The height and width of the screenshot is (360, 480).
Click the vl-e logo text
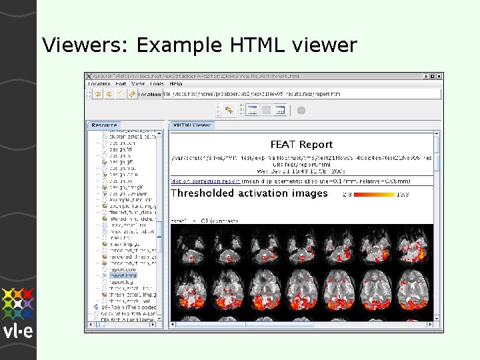tap(17, 331)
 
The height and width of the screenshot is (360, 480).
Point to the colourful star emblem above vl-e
tap(18, 303)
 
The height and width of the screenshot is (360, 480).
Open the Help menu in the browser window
tap(176, 84)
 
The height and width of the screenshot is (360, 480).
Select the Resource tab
tap(104, 125)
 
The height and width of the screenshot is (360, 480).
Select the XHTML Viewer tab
tap(193, 125)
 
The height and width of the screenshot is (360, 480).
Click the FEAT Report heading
tap(301, 144)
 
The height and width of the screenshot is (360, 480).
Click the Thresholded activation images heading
tap(249, 193)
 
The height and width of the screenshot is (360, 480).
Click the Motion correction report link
tap(205, 181)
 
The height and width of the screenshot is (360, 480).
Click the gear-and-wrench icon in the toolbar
tap(229, 110)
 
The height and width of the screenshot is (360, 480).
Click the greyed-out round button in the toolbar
tap(301, 110)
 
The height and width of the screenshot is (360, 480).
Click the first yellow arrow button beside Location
tap(97, 94)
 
